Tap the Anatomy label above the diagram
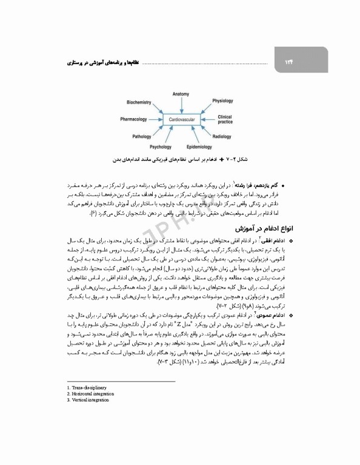[x=181, y=94]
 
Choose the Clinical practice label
[x=225, y=119]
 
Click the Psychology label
[x=161, y=147]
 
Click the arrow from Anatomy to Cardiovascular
[x=181, y=105]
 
